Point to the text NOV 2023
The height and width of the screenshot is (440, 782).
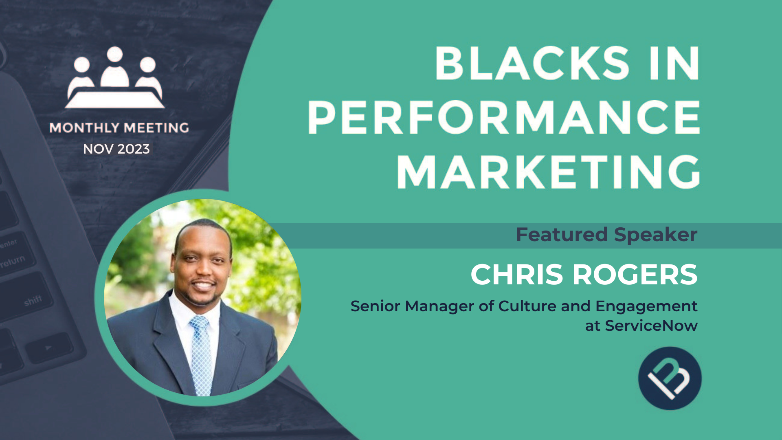click(116, 149)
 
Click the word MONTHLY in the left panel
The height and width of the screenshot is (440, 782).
click(84, 128)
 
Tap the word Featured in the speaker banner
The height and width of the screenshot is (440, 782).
click(562, 235)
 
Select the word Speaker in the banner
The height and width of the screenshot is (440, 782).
click(656, 235)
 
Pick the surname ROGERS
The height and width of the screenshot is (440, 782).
click(635, 275)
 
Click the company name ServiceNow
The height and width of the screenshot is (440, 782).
click(651, 326)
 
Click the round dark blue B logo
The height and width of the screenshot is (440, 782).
click(670, 378)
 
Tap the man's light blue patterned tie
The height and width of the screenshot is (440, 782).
click(200, 354)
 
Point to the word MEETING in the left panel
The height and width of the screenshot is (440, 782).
click(156, 128)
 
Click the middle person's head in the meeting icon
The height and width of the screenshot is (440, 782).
click(115, 54)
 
